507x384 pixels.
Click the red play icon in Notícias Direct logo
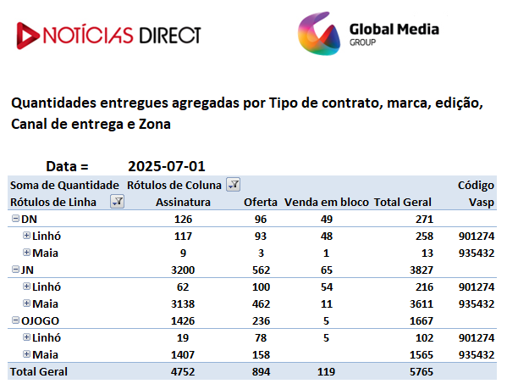27,36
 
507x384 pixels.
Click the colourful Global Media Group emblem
319,34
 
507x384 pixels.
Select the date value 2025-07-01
167,166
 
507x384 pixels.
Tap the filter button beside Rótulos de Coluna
233,185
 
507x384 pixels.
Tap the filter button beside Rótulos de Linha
117,202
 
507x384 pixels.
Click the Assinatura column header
183,202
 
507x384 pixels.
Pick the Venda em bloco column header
326,202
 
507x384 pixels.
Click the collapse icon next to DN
15,219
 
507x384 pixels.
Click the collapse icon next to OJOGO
15,320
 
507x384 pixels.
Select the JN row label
27,270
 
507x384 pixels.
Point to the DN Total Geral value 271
424,220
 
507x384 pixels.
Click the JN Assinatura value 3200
183,270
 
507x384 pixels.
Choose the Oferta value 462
261,304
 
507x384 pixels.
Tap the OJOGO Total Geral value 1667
422,321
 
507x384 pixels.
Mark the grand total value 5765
422,371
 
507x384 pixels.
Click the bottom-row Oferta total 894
261,371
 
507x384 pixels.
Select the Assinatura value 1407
183,355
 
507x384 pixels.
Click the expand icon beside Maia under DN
26,253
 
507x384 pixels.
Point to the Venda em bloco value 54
326,287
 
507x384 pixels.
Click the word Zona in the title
155,124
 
